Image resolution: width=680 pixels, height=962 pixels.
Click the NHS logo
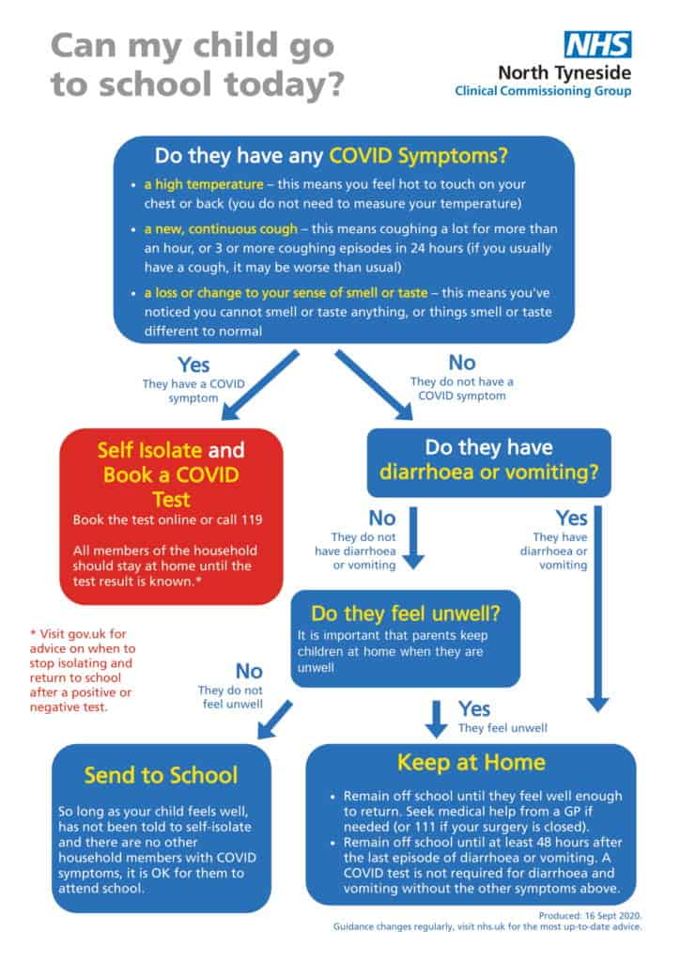click(x=597, y=43)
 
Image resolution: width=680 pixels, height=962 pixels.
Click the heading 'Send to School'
click(x=161, y=775)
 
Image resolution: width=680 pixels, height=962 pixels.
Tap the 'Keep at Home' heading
click(x=471, y=761)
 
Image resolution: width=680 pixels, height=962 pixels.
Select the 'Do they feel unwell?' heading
click(x=405, y=614)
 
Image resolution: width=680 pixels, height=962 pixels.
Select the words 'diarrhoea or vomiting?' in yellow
click(x=488, y=475)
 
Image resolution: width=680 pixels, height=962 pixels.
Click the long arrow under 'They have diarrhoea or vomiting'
click(x=598, y=611)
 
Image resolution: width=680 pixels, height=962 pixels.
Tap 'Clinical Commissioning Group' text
click(x=542, y=91)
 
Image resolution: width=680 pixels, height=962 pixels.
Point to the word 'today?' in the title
click(x=284, y=85)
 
